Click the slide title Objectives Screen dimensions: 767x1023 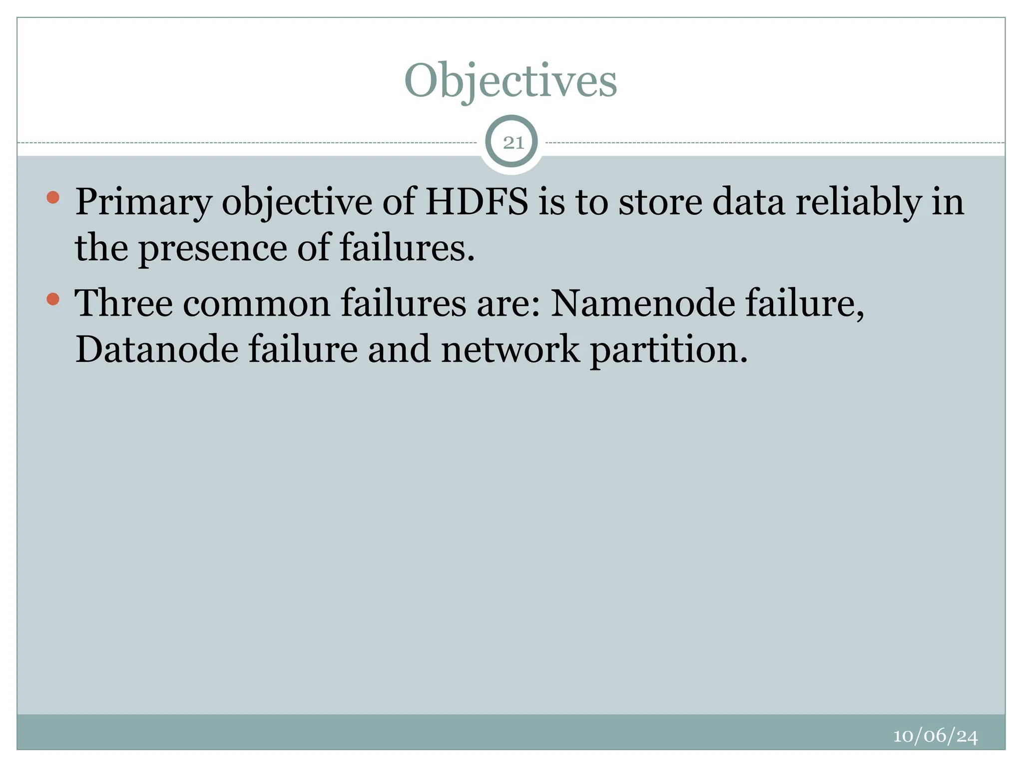(x=511, y=81)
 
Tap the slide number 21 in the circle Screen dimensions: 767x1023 (x=513, y=143)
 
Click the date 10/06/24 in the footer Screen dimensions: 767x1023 (x=935, y=736)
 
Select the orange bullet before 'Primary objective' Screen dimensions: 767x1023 (x=53, y=197)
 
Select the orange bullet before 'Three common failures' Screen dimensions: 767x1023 (x=53, y=299)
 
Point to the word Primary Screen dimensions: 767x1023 (x=144, y=203)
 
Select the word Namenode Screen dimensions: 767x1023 (x=642, y=304)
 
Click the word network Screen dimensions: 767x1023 (x=510, y=349)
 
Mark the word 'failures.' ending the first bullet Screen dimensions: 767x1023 (x=407, y=248)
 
